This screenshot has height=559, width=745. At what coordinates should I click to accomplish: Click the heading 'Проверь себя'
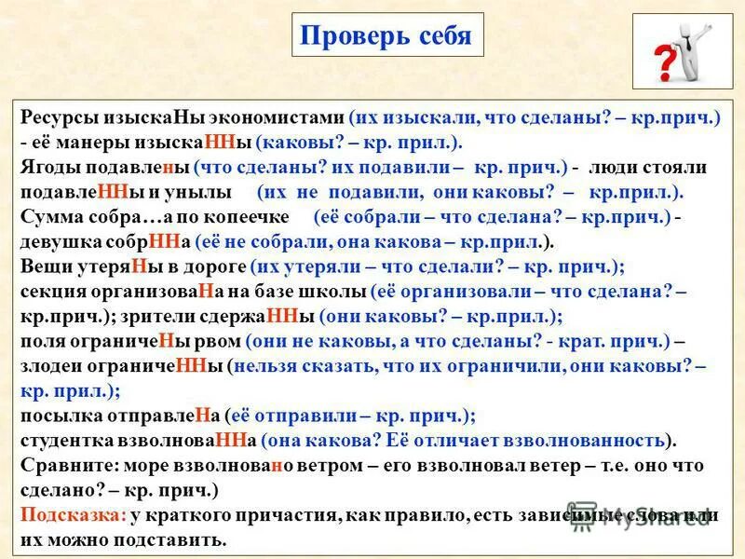[x=386, y=37]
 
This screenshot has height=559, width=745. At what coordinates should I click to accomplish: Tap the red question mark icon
[x=665, y=64]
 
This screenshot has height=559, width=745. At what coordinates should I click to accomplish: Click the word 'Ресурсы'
[x=57, y=120]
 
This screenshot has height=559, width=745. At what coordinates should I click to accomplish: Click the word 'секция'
[x=51, y=290]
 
